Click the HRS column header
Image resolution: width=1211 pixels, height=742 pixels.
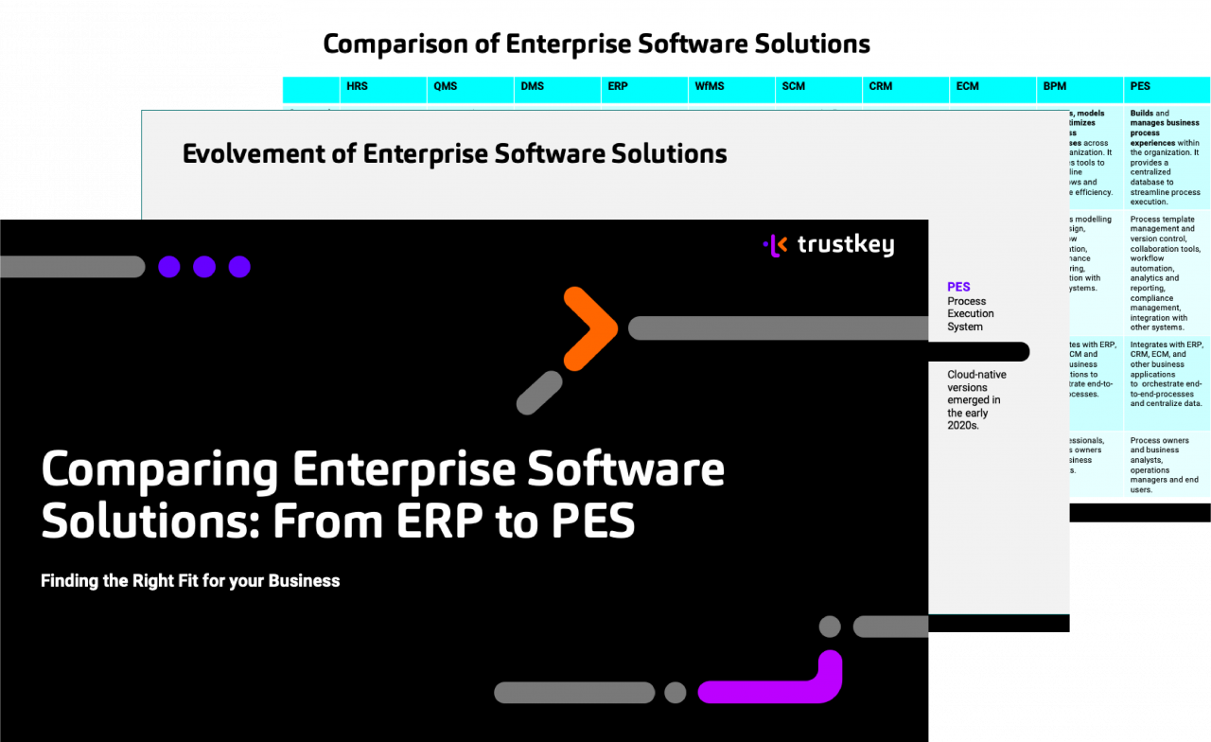click(x=357, y=86)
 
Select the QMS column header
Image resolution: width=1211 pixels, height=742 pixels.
click(x=445, y=86)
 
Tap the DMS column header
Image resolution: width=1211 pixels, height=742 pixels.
click(x=532, y=86)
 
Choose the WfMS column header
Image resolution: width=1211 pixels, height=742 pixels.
click(x=709, y=86)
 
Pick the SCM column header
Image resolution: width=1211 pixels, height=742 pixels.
click(x=793, y=86)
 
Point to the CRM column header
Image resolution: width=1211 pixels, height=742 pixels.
click(x=880, y=86)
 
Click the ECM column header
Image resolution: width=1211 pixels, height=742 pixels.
click(x=967, y=86)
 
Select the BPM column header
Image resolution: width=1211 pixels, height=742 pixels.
click(x=1054, y=86)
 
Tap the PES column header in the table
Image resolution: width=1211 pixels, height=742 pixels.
click(x=1139, y=86)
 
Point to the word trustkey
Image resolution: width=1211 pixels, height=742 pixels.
click(x=845, y=246)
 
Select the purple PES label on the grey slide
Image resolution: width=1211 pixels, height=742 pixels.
click(x=958, y=287)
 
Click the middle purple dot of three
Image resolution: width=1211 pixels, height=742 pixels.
click(x=204, y=267)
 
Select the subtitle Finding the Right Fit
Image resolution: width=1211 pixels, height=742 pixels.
click(x=190, y=581)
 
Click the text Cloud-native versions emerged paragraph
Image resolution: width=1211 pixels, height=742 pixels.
click(x=976, y=399)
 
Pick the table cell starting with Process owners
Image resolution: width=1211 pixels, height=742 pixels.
click(x=1165, y=465)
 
